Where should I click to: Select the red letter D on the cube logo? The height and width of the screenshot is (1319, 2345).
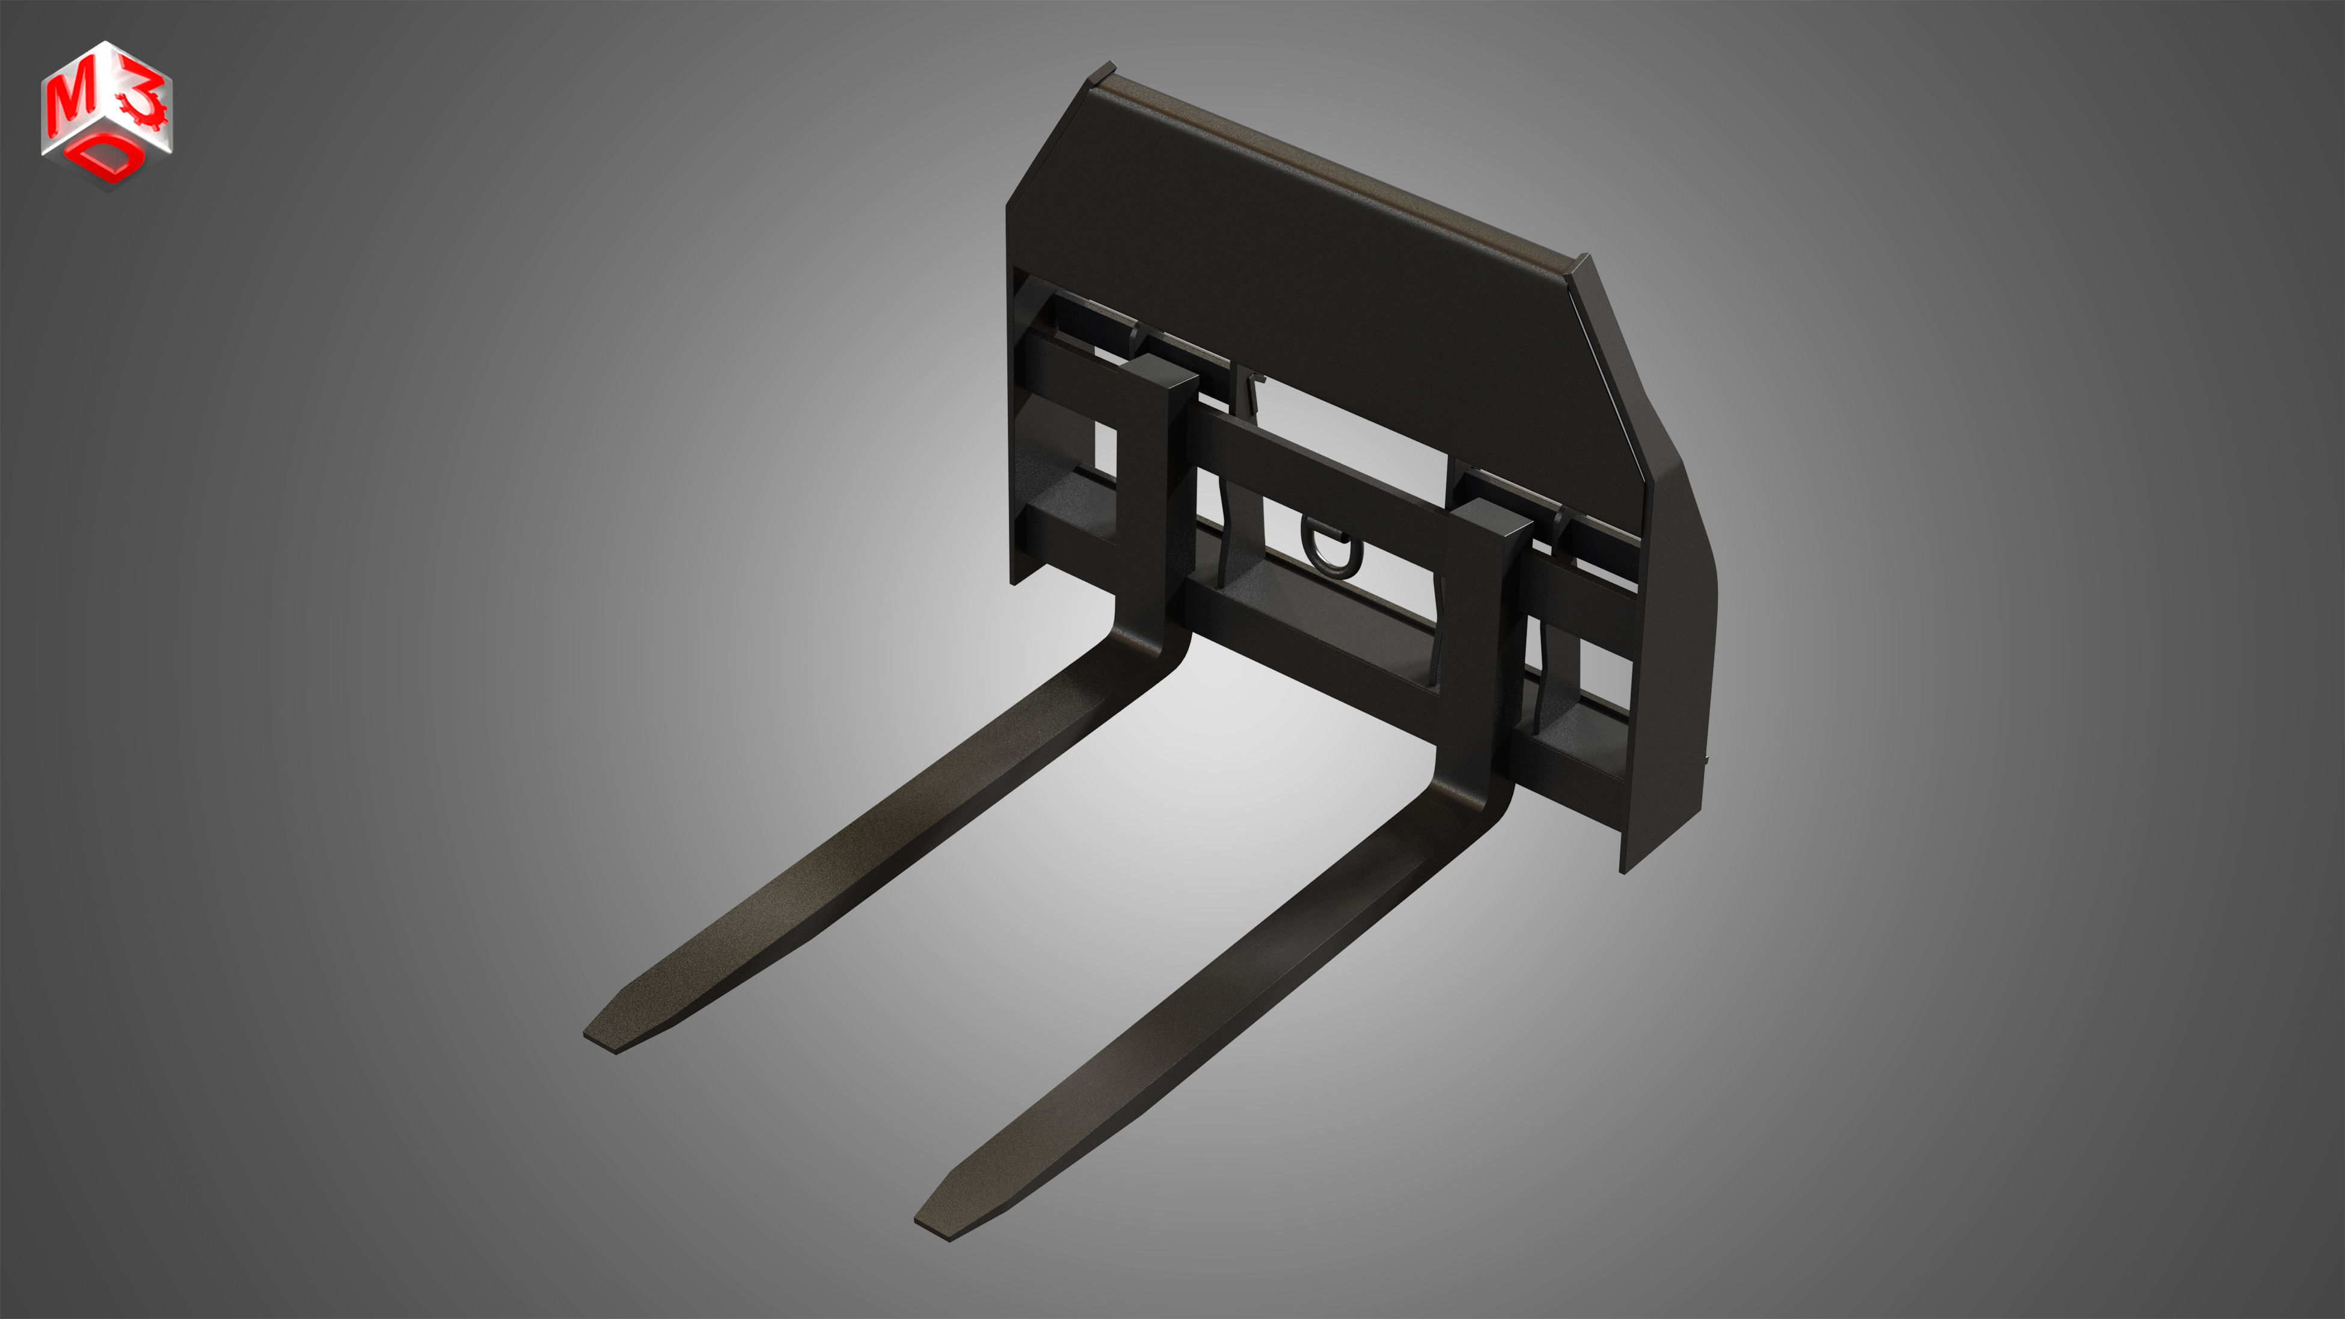[x=109, y=160]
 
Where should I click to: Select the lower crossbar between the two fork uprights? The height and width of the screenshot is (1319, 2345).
[x=1311, y=637]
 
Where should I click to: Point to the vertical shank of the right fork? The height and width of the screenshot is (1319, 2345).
[x=1479, y=656]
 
